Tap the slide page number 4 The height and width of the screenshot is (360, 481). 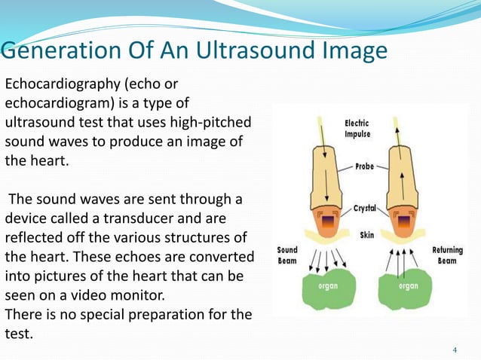click(455, 350)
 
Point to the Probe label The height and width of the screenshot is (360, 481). click(364, 166)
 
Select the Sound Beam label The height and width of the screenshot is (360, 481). click(287, 255)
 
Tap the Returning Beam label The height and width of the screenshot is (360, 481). click(448, 255)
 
